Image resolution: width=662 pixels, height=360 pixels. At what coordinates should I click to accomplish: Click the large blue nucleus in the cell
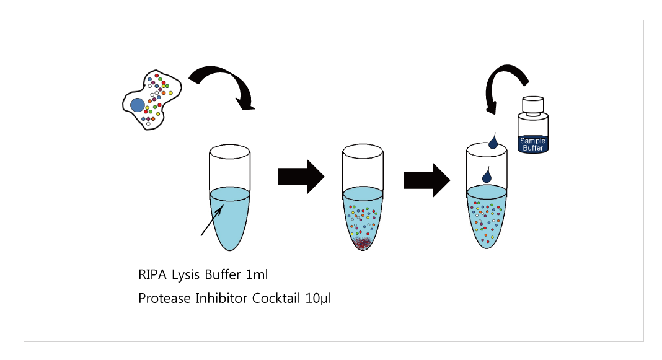tap(137, 105)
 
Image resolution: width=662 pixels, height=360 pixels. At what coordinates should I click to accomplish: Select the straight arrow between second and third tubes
tap(427, 180)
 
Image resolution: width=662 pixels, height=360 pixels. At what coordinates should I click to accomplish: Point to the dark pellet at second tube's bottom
tap(362, 242)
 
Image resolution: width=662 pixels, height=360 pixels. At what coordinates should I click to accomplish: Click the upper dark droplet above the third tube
tap(493, 143)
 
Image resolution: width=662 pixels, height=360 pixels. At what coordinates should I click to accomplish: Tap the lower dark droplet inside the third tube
tap(487, 176)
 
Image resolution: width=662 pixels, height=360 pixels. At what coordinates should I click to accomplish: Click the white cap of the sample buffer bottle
tap(533, 105)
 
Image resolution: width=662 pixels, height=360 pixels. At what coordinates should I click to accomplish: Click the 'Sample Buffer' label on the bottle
tap(533, 144)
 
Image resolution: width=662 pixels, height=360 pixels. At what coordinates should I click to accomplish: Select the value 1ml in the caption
tap(257, 274)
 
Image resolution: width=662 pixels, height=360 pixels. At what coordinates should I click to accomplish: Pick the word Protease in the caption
tap(165, 299)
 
